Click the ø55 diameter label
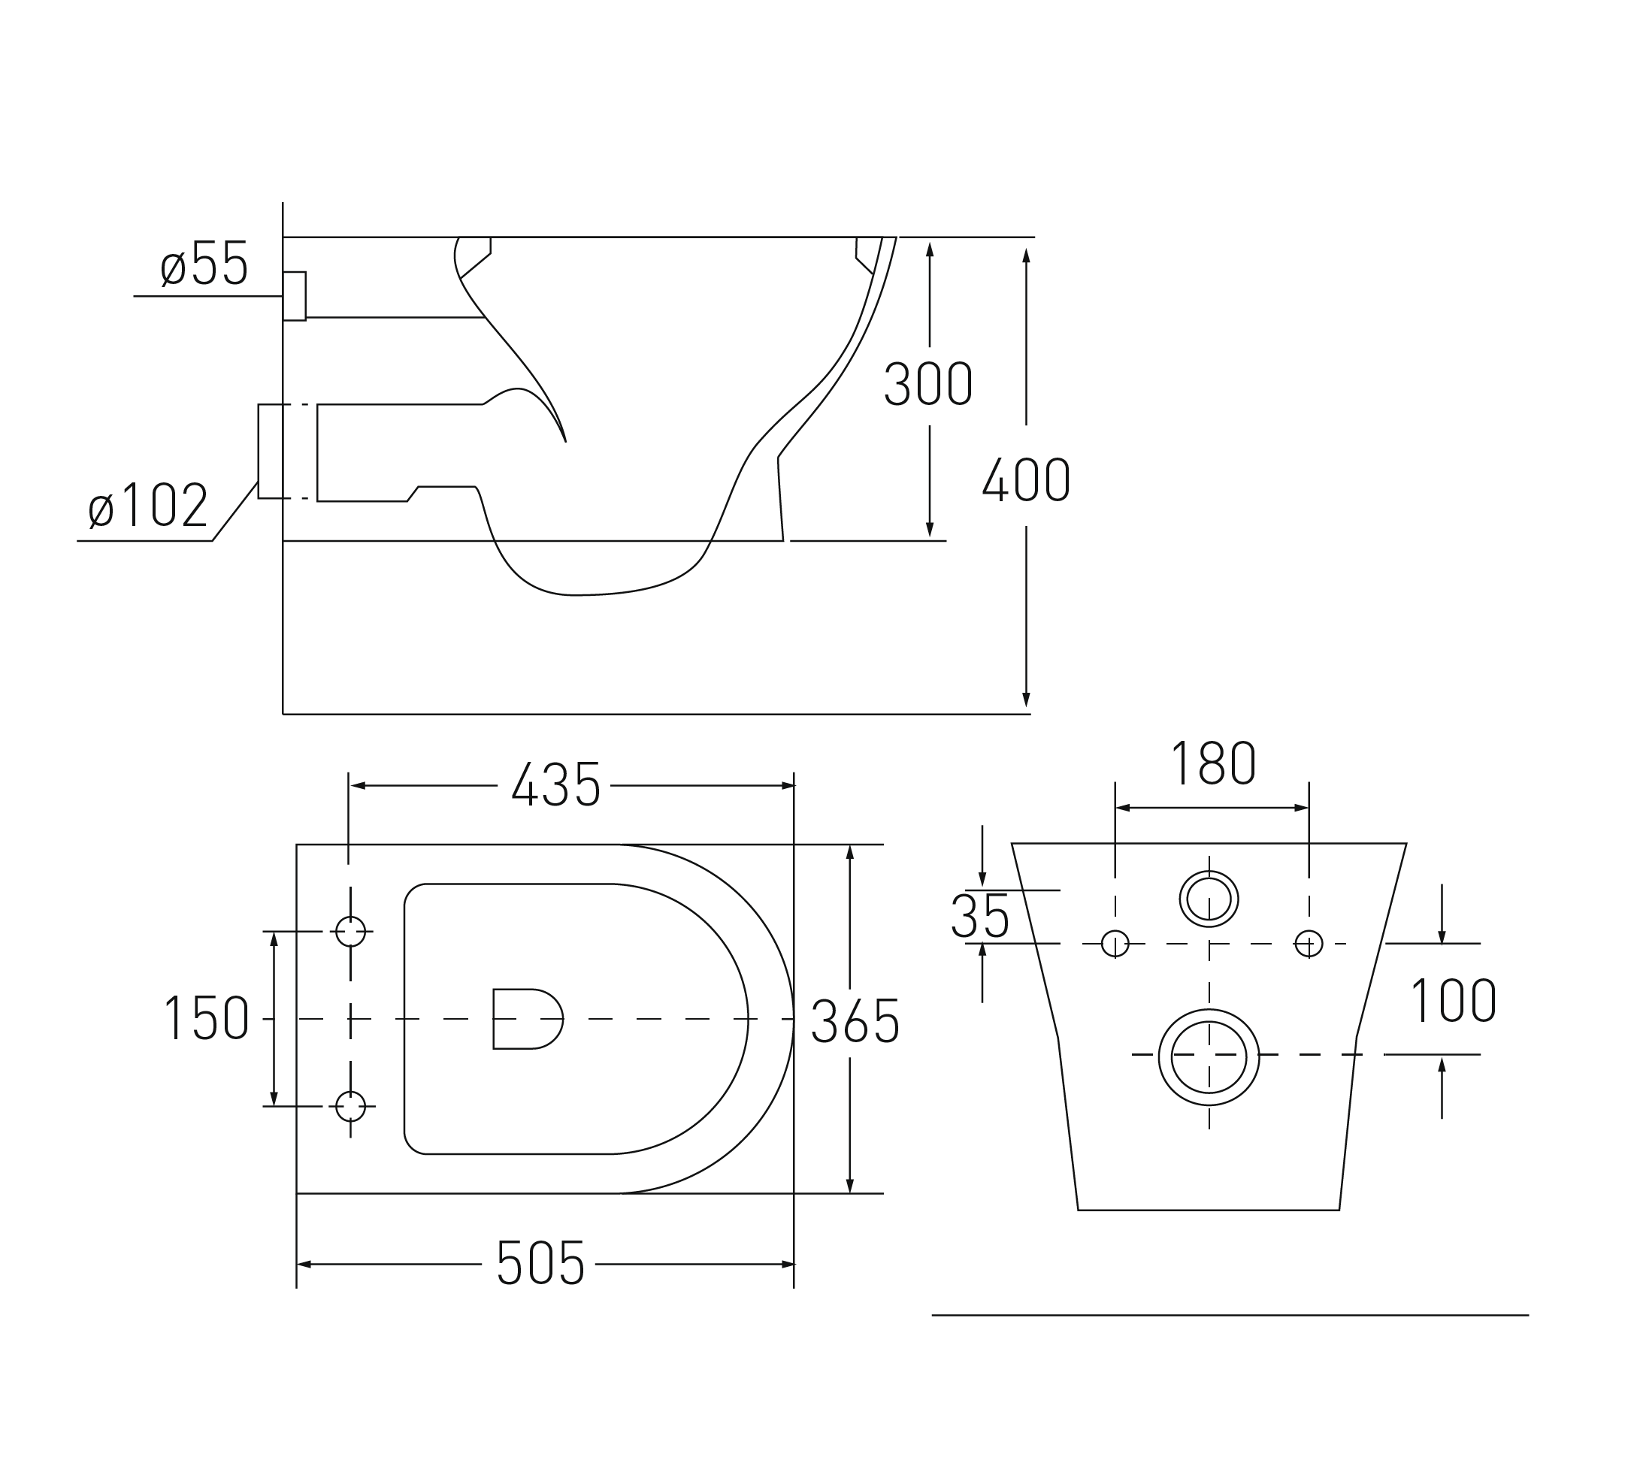(x=204, y=263)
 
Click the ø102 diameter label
(x=148, y=504)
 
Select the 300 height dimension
(x=927, y=382)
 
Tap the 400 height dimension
(x=1026, y=479)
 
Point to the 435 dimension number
(x=555, y=784)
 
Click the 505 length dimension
(x=540, y=1263)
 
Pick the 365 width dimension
(x=855, y=1021)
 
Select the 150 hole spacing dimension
(x=207, y=1017)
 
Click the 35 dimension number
(x=980, y=916)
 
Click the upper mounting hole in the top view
(x=350, y=932)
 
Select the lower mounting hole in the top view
(x=350, y=1106)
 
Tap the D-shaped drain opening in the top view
(x=528, y=1018)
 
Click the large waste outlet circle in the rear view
(x=1209, y=1057)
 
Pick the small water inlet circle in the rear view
(x=1209, y=899)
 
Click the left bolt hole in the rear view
(x=1115, y=944)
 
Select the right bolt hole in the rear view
(x=1309, y=944)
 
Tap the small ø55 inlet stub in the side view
(x=294, y=295)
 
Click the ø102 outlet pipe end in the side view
(x=271, y=451)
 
